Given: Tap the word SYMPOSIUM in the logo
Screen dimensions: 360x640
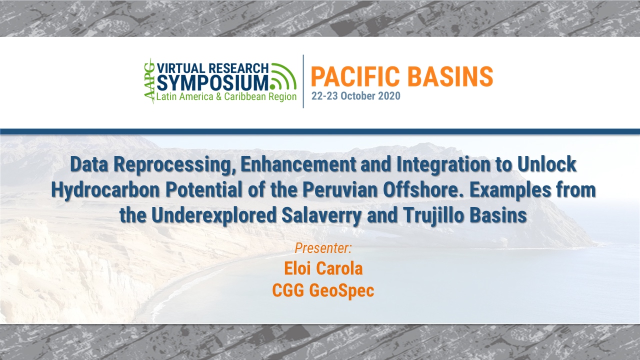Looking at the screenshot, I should tap(213, 82).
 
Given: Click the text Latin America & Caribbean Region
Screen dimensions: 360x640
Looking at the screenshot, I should tap(226, 96).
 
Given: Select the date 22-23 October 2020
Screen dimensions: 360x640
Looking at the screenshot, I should tap(355, 96).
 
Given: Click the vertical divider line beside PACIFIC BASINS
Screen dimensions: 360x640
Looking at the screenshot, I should tap(303, 81).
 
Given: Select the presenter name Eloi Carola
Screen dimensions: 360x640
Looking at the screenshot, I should tap(323, 268).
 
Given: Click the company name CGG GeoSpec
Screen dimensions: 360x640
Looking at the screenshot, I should tap(323, 290).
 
